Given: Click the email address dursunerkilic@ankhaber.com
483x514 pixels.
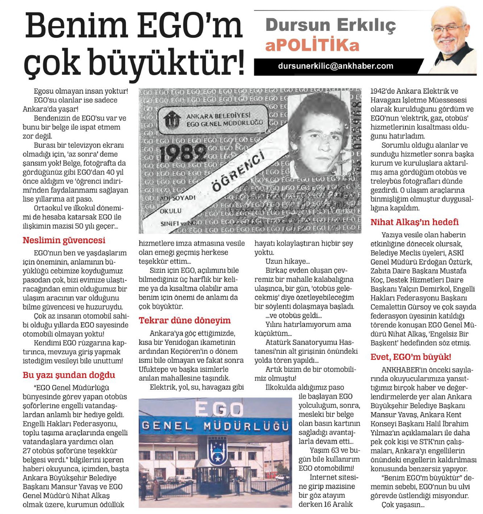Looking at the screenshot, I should pos(335,66).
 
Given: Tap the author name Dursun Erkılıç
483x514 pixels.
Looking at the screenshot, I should pos(330,25).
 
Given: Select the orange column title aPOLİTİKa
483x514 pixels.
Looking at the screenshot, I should pos(312,45).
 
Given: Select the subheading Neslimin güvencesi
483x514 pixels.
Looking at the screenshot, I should pos(64,240).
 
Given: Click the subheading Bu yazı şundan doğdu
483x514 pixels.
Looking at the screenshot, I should pos(69,375).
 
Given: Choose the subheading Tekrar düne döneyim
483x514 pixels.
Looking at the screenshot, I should pos(185,320).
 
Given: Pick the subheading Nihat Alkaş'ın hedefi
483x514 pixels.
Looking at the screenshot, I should pos(415,222).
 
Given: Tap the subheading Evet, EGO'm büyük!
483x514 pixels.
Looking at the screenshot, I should pos(411,357).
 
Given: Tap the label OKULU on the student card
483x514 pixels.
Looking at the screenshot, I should pos(171,211).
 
